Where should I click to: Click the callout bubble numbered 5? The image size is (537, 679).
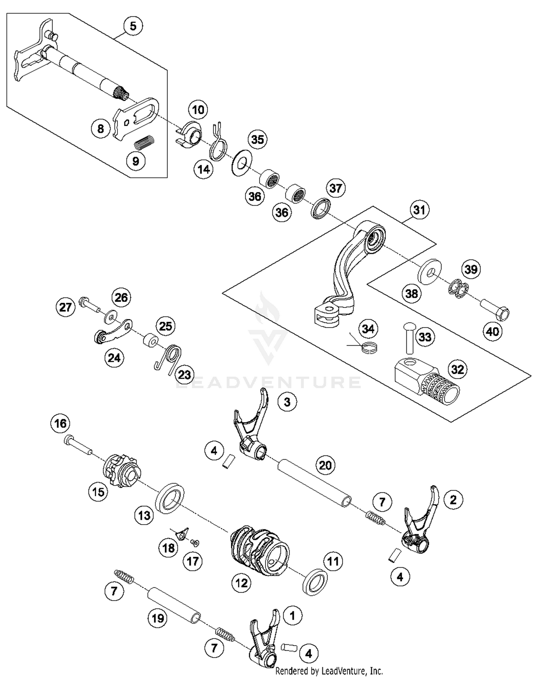pos(133,26)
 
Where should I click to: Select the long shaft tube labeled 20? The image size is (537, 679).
pos(314,482)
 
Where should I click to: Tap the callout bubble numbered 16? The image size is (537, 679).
pos(60,423)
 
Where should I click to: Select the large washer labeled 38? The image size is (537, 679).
pos(430,272)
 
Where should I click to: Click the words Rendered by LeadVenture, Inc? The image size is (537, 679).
pos(329,671)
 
